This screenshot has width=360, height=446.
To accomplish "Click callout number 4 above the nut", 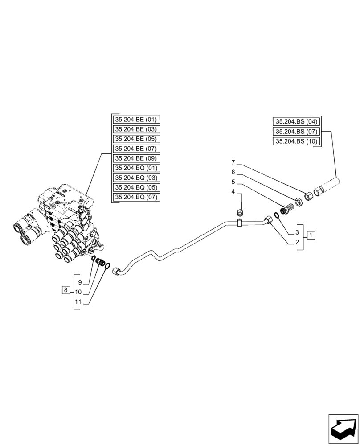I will (x=233, y=191).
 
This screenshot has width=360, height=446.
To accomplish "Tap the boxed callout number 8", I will (x=65, y=290).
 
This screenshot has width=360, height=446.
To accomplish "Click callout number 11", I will (x=78, y=302).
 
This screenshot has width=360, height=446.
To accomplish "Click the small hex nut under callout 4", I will (x=239, y=212).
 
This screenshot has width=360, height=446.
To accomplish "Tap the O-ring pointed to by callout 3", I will (x=277, y=216).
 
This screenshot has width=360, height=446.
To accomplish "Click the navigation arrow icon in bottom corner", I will (x=343, y=429).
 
